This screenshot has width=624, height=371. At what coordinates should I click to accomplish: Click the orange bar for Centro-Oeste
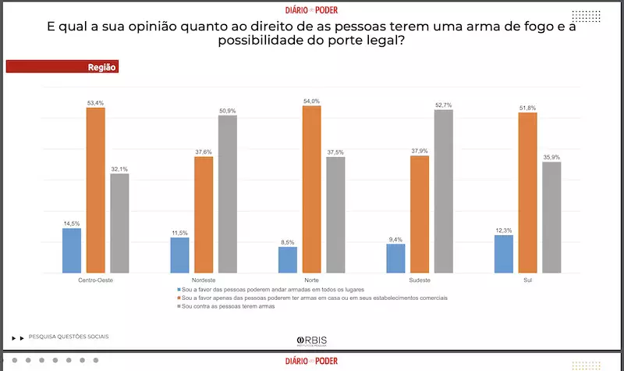95,190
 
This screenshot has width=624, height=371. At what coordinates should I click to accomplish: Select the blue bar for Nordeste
179,255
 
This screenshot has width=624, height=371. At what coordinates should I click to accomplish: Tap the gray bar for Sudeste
443,191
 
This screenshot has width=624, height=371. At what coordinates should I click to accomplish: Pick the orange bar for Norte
311,189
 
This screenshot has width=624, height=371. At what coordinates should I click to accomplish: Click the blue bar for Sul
504,254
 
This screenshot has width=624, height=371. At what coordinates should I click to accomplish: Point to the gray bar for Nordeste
228,194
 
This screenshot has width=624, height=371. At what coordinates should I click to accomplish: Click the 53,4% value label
95,102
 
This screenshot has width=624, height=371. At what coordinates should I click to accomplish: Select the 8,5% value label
287,242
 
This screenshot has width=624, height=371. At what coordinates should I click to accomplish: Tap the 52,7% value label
443,105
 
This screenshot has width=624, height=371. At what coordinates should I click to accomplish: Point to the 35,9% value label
551,157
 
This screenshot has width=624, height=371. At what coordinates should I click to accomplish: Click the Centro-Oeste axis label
95,280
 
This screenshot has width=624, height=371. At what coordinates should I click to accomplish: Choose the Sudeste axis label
420,280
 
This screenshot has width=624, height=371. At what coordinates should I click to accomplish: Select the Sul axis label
528,280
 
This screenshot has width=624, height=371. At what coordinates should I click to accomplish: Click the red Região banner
62,67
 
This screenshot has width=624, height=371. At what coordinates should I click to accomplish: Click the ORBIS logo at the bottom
311,341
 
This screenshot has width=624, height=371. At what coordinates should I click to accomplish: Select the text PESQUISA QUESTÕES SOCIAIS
69,337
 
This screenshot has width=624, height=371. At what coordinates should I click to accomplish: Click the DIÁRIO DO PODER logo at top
312,10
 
